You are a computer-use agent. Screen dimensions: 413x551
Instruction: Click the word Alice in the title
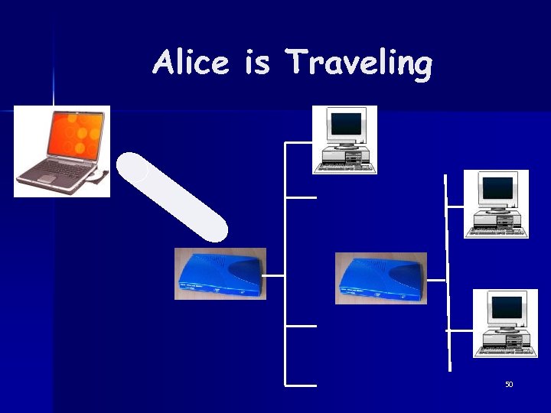click(190, 62)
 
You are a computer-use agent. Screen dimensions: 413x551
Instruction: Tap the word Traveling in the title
click(358, 63)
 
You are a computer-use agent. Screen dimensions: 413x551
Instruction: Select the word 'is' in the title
click(257, 62)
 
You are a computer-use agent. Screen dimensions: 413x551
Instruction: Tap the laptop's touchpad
click(47, 179)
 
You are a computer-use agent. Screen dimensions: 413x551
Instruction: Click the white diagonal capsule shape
click(172, 197)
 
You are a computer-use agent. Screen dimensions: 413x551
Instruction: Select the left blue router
click(220, 273)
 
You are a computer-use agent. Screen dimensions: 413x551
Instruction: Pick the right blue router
click(380, 278)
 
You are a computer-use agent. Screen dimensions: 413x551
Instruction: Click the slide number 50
click(509, 384)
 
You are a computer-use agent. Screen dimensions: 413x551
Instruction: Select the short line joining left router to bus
click(274, 275)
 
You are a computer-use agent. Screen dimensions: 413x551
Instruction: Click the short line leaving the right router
click(435, 280)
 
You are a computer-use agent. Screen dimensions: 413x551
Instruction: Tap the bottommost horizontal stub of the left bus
click(300, 385)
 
